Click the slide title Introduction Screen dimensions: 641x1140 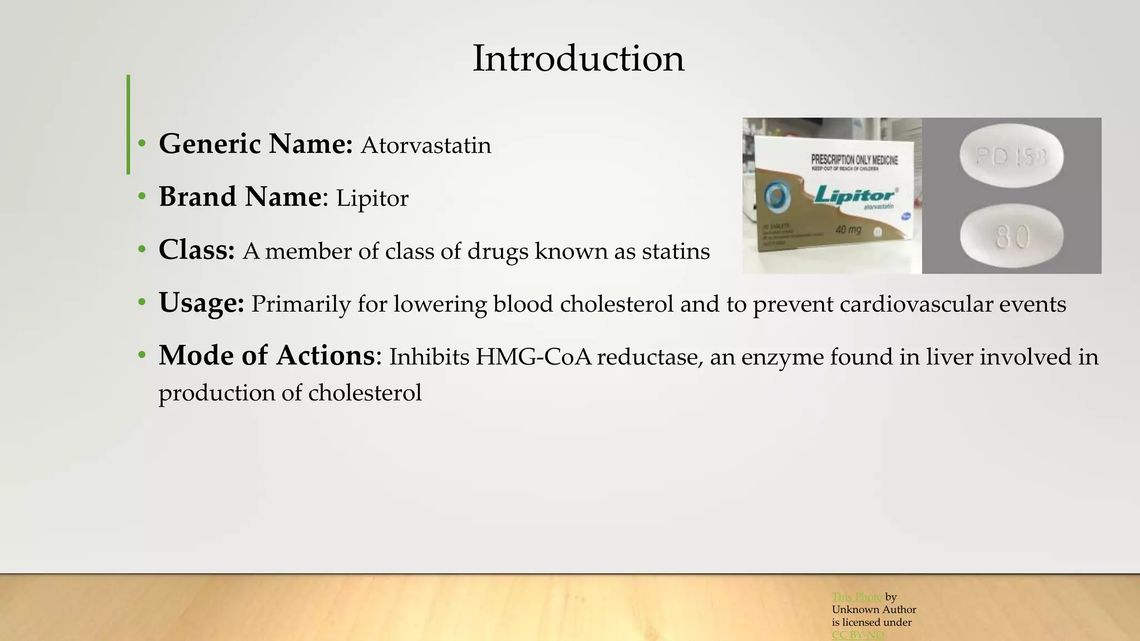[x=578, y=58]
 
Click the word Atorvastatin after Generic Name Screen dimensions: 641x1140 [x=426, y=146]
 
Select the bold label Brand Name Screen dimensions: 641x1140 [x=240, y=197]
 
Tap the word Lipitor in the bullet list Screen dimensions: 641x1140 [x=372, y=199]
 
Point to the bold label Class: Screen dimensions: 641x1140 [x=196, y=250]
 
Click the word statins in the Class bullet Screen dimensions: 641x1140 [x=676, y=252]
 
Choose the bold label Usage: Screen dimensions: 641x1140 [x=202, y=303]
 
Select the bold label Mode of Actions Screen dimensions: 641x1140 [x=267, y=356]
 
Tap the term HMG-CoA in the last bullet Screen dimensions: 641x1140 [x=533, y=357]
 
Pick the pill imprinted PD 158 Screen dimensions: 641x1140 [x=1011, y=157]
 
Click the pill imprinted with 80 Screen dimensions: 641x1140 [x=1011, y=236]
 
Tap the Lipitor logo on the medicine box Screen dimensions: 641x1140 [x=854, y=195]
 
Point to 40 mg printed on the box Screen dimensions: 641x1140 [x=848, y=229]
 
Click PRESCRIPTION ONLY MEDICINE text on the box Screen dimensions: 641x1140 [x=854, y=160]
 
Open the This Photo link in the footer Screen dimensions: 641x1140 [x=857, y=597]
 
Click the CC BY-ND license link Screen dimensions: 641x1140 [x=857, y=635]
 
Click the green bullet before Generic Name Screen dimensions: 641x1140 [x=142, y=144]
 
